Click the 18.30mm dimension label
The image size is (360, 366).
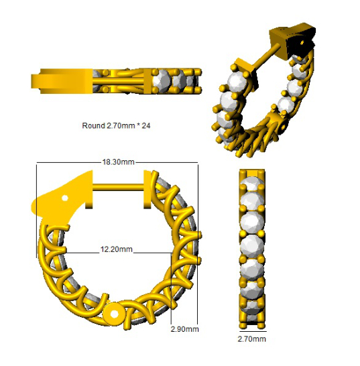coord(119,162)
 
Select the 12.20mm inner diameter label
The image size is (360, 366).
coord(117,249)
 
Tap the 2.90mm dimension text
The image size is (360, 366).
coord(184,329)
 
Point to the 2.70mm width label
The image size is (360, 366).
coord(251,339)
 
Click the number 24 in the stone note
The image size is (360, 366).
coord(146,126)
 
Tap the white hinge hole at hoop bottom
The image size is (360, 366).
coord(114,314)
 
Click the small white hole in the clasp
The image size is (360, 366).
coord(65,198)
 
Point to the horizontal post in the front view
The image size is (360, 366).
coord(118,188)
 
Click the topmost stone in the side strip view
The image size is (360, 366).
coord(252,182)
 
